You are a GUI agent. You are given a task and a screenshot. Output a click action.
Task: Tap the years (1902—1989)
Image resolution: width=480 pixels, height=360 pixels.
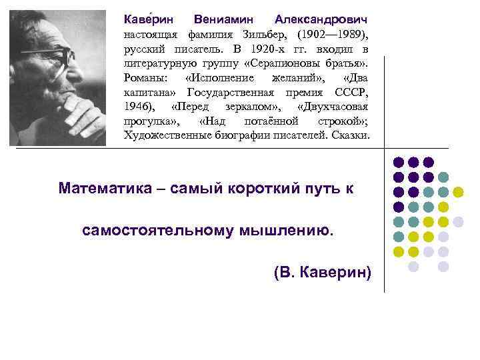tap(333, 33)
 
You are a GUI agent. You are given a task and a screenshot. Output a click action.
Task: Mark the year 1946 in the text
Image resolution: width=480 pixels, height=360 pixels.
tap(139, 107)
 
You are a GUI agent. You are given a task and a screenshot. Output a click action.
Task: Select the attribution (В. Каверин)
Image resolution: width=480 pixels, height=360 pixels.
tap(322, 273)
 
